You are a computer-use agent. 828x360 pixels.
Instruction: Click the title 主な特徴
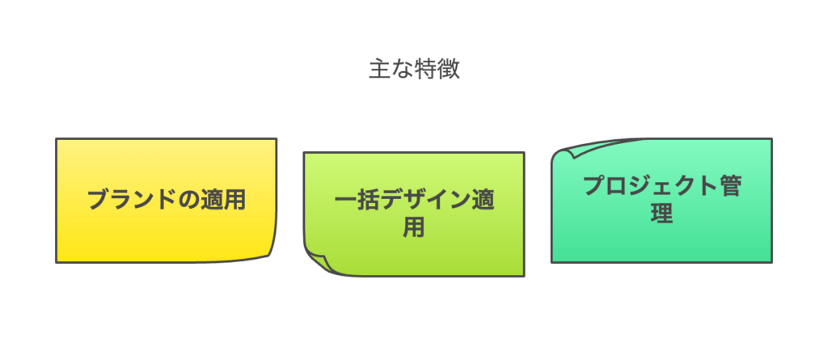[414, 70]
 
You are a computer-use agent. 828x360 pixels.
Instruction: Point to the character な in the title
[403, 70]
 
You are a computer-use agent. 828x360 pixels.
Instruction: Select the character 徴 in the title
[449, 70]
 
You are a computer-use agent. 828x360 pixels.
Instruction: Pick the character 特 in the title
[425, 70]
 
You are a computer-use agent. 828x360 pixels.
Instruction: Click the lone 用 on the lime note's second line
[414, 227]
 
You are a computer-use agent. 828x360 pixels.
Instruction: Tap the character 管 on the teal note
[730, 187]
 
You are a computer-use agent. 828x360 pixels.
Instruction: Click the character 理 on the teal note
[661, 213]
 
